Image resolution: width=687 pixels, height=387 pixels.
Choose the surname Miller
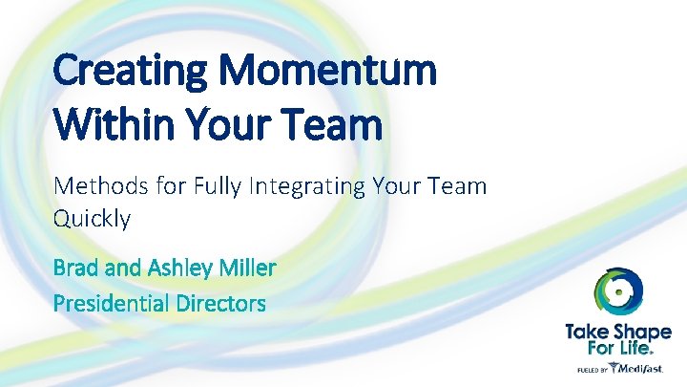pyautogui.click(x=246, y=267)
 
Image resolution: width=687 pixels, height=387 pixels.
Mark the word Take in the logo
pyautogui.click(x=589, y=332)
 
